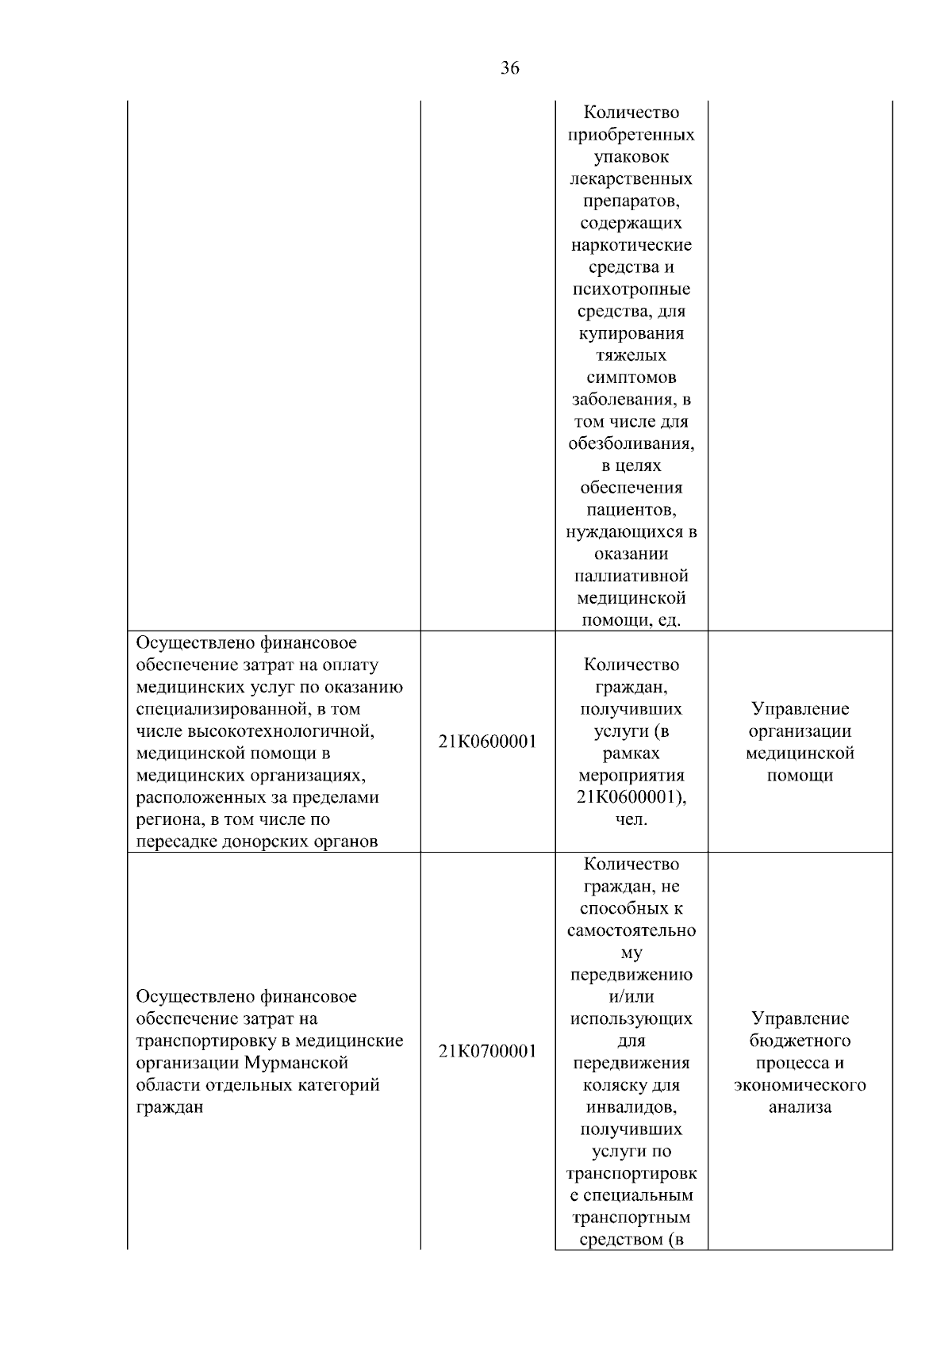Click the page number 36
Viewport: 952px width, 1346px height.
point(510,69)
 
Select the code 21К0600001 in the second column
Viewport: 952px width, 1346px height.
point(487,742)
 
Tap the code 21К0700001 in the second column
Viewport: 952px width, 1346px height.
point(487,1052)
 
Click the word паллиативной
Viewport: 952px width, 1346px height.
point(631,576)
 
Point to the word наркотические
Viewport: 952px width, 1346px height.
point(631,245)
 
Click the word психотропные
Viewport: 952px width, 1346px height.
point(631,290)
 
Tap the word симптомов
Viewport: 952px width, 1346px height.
point(631,378)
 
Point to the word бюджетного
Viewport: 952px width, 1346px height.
point(800,1041)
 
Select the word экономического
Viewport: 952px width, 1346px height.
point(800,1085)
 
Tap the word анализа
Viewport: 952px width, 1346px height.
point(800,1107)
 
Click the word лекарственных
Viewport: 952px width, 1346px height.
point(631,179)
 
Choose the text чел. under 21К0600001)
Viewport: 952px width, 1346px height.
point(631,820)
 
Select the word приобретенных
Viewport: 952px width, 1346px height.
point(631,135)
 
